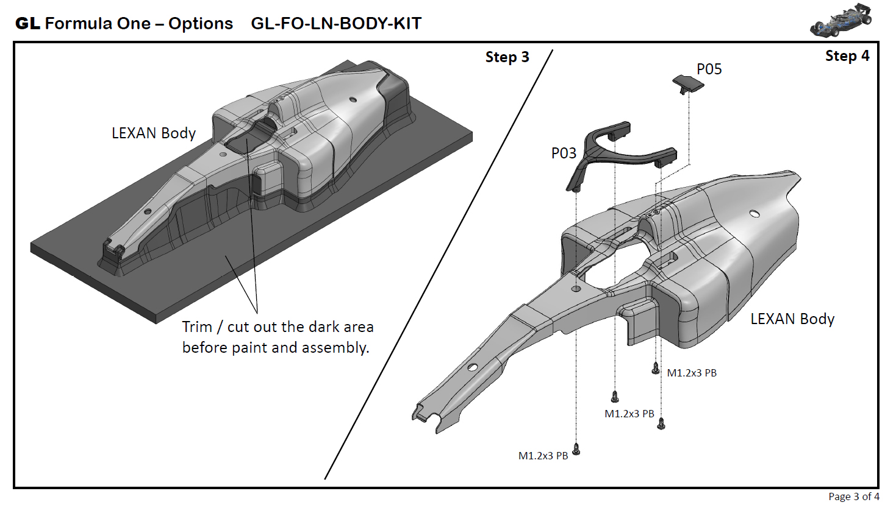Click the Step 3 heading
[507, 57]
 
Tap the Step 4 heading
[847, 56]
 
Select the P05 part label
[709, 69]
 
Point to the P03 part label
[564, 154]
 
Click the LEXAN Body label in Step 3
[153, 133]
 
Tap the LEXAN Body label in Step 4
[792, 319]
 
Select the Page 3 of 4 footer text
[853, 496]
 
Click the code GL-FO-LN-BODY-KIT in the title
[336, 24]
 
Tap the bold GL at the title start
[27, 24]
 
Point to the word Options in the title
[201, 24]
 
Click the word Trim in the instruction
[197, 327]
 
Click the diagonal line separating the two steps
[439, 262]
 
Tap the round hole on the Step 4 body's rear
[754, 213]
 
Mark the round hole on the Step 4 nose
[472, 367]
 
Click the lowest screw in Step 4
[576, 450]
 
